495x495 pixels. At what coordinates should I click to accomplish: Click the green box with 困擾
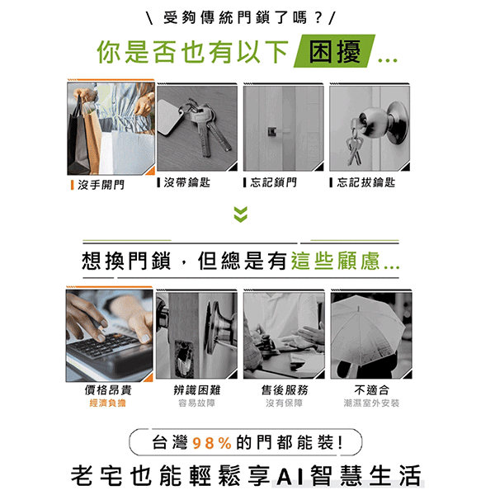point(335,51)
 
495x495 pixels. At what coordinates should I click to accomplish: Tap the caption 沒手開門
point(101,185)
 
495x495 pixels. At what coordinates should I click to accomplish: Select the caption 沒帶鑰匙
point(187,182)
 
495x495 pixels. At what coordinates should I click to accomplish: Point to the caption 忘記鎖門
point(273,182)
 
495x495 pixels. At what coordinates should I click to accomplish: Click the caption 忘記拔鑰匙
point(365,182)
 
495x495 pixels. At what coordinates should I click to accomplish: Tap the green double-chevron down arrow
point(241,214)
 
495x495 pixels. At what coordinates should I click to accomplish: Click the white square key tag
point(171,118)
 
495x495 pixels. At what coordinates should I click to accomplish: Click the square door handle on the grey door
point(272,131)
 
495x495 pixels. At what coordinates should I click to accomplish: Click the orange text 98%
point(212,443)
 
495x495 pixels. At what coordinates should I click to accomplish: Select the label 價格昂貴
point(108,390)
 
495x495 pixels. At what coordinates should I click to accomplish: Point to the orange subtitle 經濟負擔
point(107,403)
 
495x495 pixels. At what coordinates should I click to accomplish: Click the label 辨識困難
point(197,390)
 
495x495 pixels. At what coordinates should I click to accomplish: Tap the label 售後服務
point(285,390)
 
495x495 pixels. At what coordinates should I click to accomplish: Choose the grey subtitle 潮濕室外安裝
point(371,403)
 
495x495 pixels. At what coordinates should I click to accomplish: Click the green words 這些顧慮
point(335,261)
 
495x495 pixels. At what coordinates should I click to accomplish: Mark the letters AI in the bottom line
point(290,476)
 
